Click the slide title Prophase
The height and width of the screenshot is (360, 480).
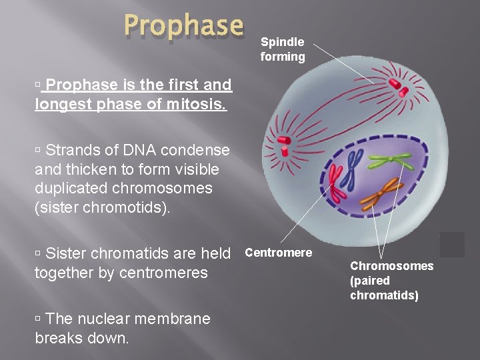(x=184, y=26)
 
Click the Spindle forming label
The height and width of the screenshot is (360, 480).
(x=283, y=49)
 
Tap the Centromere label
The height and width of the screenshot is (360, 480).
(x=278, y=253)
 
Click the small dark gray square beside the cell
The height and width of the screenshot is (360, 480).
(x=452, y=244)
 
